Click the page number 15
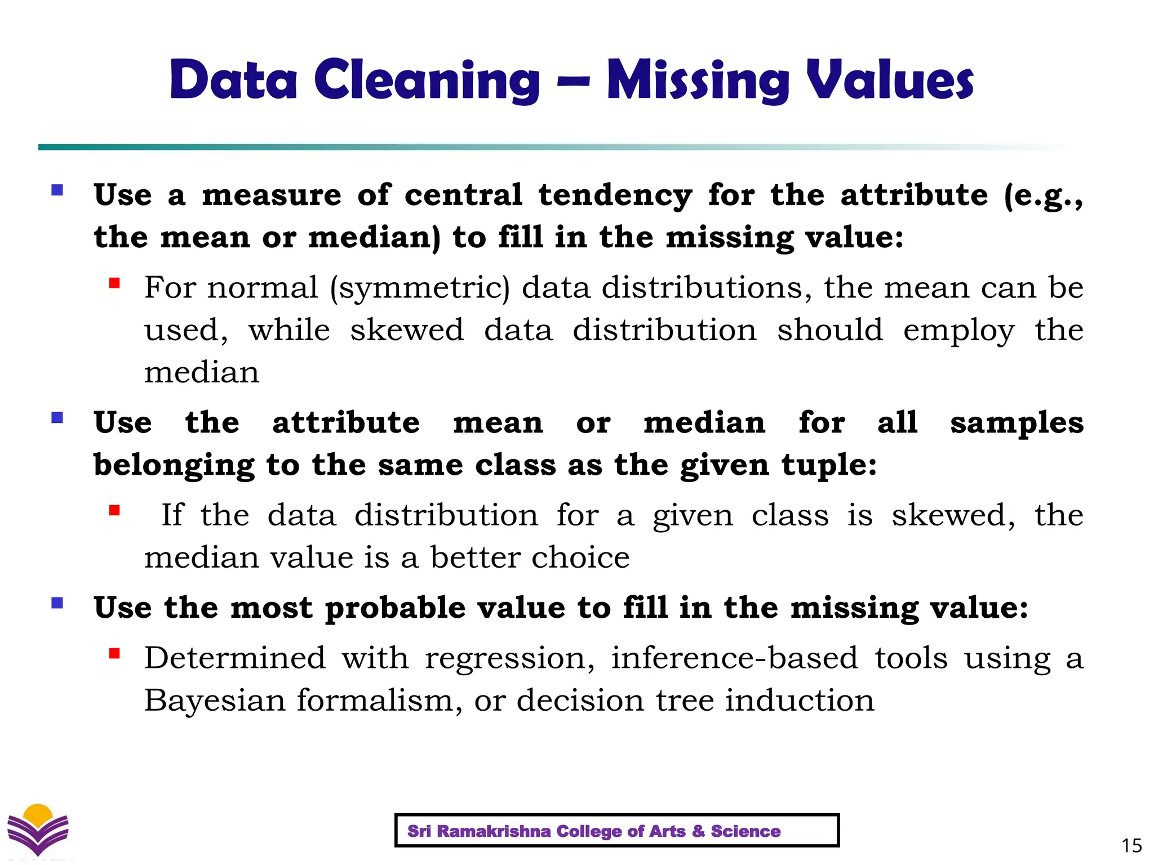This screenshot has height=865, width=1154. (x=1131, y=845)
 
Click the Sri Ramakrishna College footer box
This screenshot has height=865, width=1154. (x=616, y=831)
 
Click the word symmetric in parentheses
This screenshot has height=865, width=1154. (x=420, y=288)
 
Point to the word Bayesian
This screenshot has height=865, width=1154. (x=215, y=701)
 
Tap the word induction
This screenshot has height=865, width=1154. (x=799, y=701)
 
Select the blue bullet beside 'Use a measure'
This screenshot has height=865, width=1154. (x=57, y=190)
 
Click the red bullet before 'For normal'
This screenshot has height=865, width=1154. (x=115, y=283)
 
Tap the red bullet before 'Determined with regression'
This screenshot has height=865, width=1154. (x=115, y=653)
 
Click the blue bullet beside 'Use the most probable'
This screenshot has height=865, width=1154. (x=57, y=603)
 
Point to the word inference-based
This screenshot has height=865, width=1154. (x=734, y=658)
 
